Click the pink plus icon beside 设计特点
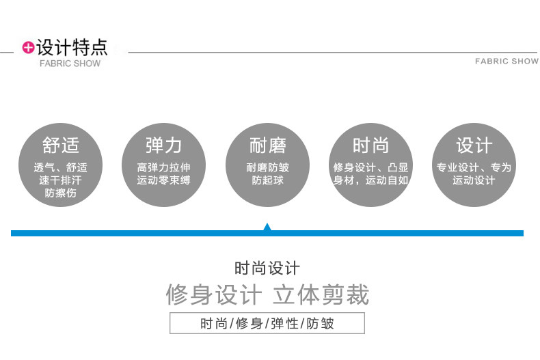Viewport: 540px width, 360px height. [28, 47]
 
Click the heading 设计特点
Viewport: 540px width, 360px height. [72, 47]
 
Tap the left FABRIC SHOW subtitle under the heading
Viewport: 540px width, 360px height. [70, 64]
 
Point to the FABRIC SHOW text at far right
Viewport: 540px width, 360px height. [507, 61]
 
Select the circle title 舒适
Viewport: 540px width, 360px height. [60, 145]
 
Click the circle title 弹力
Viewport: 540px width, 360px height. [163, 145]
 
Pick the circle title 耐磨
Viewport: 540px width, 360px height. [267, 145]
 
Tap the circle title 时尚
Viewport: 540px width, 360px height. [370, 145]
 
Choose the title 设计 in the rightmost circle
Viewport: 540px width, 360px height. [474, 145]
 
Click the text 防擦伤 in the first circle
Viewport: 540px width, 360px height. [60, 193]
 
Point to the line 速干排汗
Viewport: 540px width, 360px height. [60, 180]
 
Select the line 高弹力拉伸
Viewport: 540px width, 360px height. [163, 167]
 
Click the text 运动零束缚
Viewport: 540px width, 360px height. [163, 180]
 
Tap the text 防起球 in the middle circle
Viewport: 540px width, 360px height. [267, 180]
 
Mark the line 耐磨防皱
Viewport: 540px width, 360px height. [267, 167]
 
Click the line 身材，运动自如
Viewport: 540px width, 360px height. [370, 180]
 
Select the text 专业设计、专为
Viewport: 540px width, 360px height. [474, 167]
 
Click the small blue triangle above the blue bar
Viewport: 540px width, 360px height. [267, 227]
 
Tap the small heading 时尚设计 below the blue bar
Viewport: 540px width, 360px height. [267, 268]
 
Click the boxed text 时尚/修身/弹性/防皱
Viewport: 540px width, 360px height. [267, 323]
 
